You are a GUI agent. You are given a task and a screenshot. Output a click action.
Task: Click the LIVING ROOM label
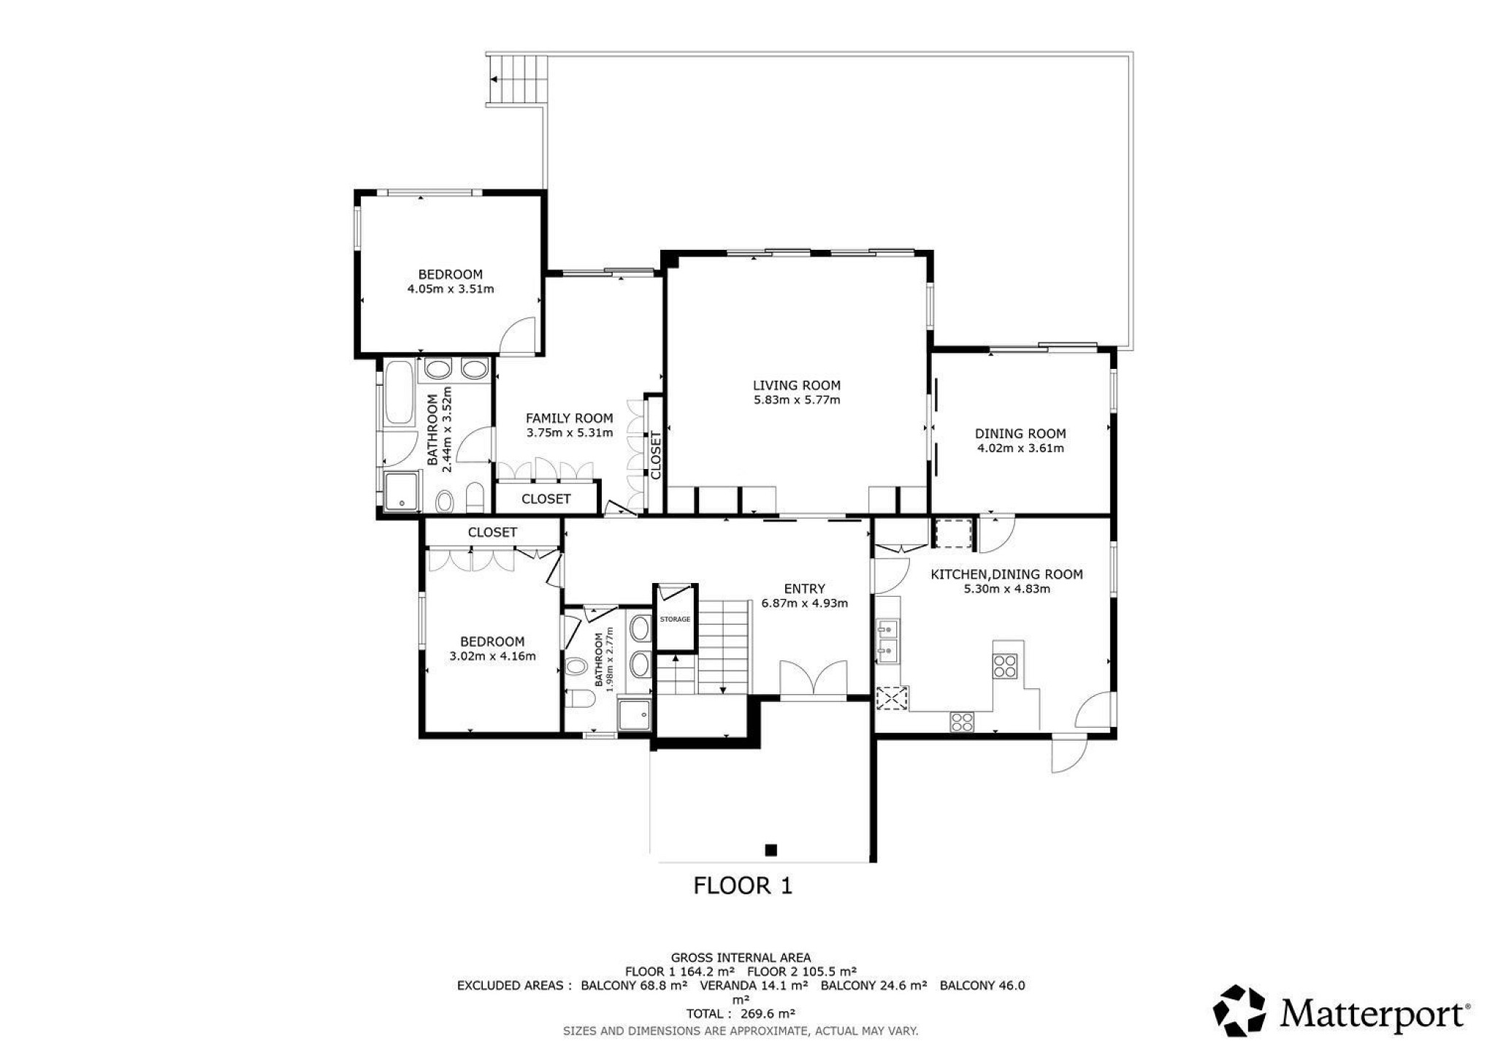click(796, 385)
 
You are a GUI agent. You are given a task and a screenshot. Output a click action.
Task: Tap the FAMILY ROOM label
click(569, 419)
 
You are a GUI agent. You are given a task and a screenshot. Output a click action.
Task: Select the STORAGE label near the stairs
click(675, 619)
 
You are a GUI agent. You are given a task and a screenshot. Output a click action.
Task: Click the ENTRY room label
click(804, 589)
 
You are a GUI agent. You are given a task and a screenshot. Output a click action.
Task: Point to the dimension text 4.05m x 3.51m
click(451, 289)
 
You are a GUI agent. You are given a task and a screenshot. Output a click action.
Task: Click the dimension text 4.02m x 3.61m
click(1020, 448)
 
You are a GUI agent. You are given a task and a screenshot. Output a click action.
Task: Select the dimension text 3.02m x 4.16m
click(492, 656)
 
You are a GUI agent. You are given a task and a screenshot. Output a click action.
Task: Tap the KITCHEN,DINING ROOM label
click(1006, 574)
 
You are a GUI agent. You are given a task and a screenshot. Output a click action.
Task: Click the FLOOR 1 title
click(742, 886)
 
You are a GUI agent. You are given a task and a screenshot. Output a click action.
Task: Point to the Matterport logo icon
click(1239, 1010)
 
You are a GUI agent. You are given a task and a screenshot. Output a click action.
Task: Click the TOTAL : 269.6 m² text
click(741, 1013)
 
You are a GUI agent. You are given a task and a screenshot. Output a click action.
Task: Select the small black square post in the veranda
click(771, 850)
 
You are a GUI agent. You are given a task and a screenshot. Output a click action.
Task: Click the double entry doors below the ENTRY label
click(813, 680)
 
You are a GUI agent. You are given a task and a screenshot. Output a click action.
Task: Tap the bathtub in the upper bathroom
click(399, 392)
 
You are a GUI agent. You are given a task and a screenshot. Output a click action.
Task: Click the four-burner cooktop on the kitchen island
click(1005, 666)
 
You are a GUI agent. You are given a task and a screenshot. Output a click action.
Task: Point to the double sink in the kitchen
click(888, 641)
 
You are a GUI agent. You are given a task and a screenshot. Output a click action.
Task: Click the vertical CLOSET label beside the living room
click(656, 455)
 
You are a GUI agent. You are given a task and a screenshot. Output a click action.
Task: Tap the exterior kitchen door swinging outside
click(1068, 752)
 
